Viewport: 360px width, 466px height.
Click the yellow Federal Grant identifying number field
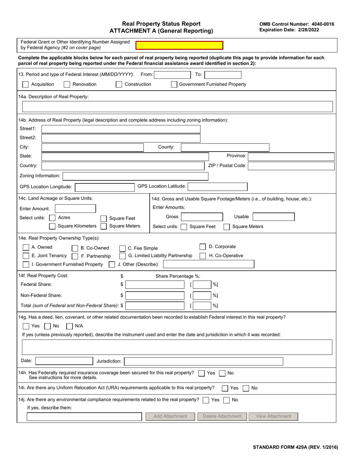179,45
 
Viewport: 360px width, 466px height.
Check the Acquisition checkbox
26,84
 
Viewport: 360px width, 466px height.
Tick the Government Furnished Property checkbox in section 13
174,84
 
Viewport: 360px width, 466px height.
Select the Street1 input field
121,129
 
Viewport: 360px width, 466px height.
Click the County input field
225,147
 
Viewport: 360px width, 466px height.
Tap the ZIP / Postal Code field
291,166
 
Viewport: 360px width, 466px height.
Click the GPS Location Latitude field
218,186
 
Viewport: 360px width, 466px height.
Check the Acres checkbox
52,218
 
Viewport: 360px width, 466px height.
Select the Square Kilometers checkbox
52,226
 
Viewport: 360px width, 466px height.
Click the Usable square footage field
273,217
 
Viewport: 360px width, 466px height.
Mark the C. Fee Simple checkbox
122,249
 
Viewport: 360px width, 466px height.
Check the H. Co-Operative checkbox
203,256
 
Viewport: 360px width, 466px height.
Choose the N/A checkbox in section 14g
69,326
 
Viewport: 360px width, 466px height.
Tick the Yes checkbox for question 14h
202,373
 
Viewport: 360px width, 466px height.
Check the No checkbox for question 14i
246,388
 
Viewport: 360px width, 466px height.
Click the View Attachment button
273,416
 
